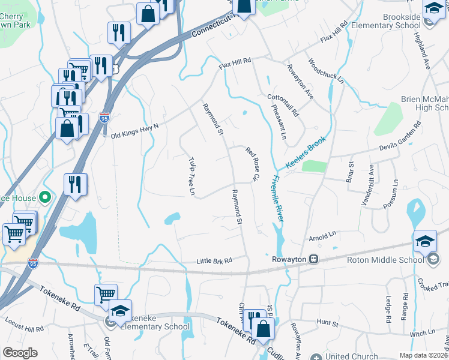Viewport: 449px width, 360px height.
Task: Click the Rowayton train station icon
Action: (x=313, y=259)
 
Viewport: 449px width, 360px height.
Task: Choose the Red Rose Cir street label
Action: (x=252, y=163)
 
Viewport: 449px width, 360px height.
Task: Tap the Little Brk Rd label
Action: (x=214, y=260)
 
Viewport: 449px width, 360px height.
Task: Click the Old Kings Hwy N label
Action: (x=134, y=130)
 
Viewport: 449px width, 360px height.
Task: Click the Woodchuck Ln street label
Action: (x=326, y=71)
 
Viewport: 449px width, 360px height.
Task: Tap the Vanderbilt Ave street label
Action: (x=367, y=185)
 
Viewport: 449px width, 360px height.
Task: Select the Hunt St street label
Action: (x=328, y=323)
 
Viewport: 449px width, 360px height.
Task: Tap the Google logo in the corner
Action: (x=20, y=352)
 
